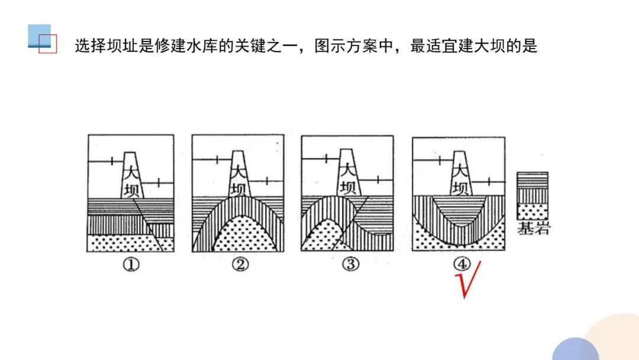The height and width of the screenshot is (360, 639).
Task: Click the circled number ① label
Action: [131, 265]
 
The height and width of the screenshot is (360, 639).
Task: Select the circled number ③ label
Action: [350, 265]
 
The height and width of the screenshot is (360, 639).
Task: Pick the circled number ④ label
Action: [460, 264]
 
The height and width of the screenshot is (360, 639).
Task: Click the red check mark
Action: [467, 281]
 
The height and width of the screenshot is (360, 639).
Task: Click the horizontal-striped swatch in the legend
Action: [532, 179]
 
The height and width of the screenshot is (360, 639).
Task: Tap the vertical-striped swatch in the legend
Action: [532, 195]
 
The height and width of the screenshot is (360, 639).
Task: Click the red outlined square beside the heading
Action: [47, 44]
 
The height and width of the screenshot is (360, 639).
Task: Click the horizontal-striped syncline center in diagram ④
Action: [459, 210]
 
